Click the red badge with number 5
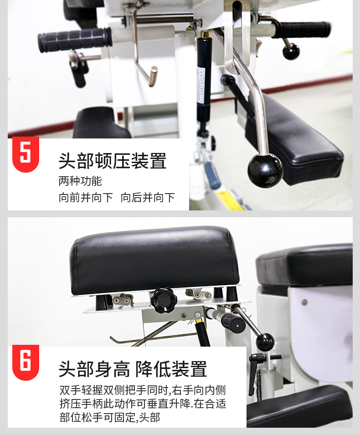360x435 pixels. click(26, 154)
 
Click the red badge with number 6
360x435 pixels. click(26, 362)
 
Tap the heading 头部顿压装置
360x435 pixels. click(113, 161)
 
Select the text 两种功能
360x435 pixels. click(80, 181)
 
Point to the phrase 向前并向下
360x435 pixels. click(86, 198)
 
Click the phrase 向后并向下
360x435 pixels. click(148, 198)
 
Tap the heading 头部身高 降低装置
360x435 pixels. click(133, 369)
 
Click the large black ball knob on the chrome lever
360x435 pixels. click(265, 171)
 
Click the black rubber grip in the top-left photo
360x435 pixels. click(75, 40)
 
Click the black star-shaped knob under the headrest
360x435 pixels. click(164, 301)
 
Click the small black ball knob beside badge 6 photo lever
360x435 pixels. click(265, 342)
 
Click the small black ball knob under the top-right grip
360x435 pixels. click(291, 51)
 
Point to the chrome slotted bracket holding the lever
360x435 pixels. click(237, 37)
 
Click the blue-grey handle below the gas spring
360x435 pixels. click(212, 175)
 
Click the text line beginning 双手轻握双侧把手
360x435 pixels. click(143, 390)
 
